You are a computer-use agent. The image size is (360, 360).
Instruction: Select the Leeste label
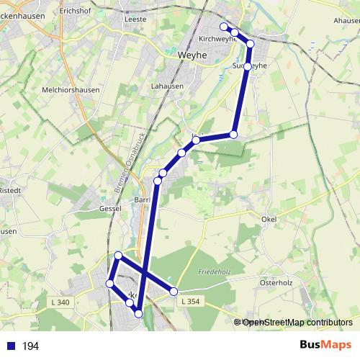(x=135, y=19)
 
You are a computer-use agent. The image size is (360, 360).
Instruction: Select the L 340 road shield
(x=62, y=302)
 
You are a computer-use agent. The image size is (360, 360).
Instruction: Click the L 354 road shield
(x=189, y=300)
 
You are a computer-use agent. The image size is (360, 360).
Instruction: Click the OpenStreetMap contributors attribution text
(x=297, y=323)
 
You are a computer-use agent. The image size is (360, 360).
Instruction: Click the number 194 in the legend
(x=30, y=346)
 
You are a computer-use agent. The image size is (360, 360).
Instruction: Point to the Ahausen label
(x=346, y=20)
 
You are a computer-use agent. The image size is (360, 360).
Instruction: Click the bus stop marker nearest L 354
(x=174, y=291)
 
